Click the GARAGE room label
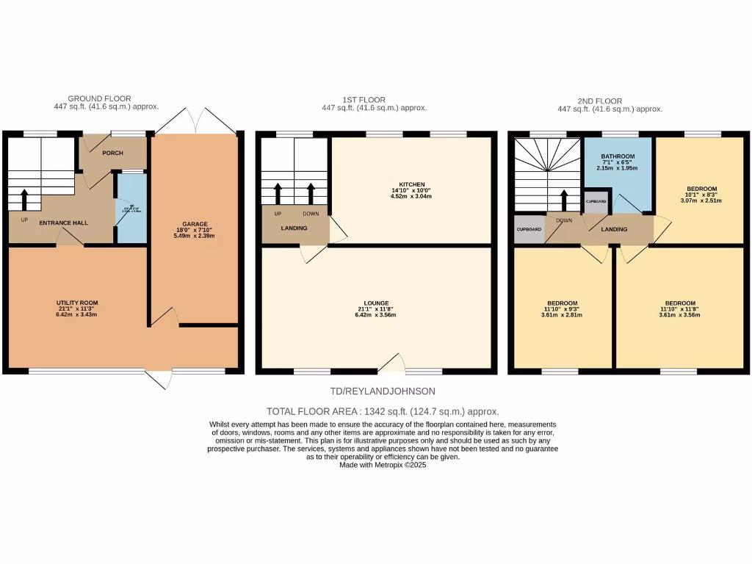(x=195, y=224)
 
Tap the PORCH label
(x=112, y=153)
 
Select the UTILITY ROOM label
(x=78, y=303)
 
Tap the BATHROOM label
(x=618, y=156)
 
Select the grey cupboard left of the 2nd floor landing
(x=529, y=229)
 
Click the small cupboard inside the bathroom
(x=596, y=200)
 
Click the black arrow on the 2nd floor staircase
(x=565, y=199)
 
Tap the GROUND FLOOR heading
(x=99, y=98)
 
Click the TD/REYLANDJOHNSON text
(x=375, y=392)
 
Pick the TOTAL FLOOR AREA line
(x=376, y=412)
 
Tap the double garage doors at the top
(x=195, y=121)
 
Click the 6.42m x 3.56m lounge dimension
(x=376, y=315)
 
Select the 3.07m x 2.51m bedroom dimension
(x=701, y=200)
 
